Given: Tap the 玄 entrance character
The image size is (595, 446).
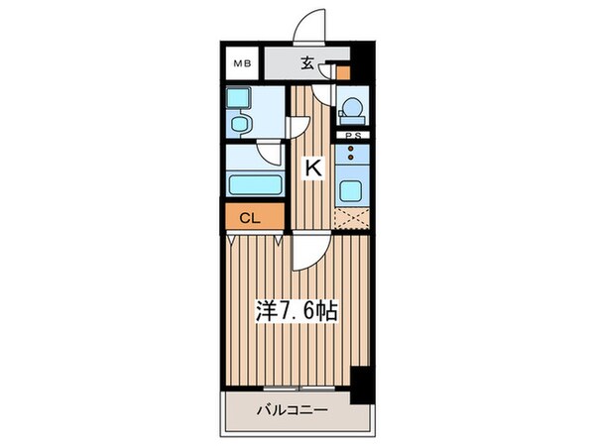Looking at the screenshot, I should point(307,65).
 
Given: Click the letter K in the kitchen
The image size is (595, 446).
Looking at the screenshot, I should point(312,169).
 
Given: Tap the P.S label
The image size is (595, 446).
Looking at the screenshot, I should point(351,136).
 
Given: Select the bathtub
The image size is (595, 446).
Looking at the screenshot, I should point(253,183).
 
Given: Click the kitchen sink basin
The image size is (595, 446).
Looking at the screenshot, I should point(352,190).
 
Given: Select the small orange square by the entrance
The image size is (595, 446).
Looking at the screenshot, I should point(343,71).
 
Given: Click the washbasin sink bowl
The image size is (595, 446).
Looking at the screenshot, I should point(240,124).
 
